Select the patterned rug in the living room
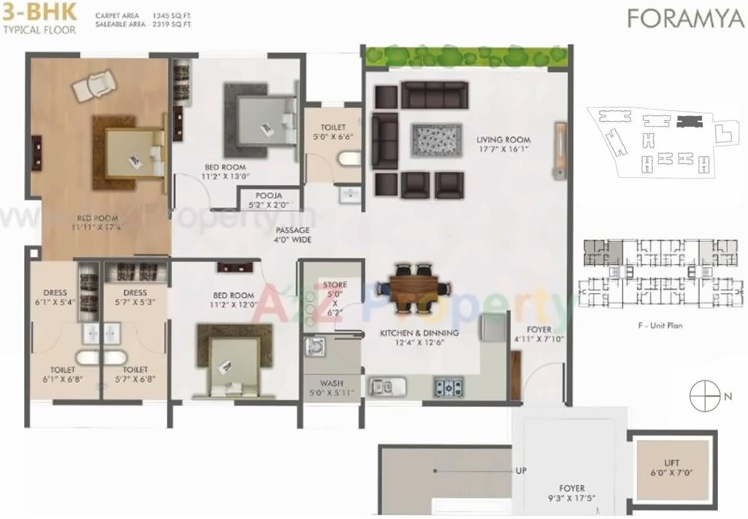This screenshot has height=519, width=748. click(x=432, y=139)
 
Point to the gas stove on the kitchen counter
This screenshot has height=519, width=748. click(x=449, y=387)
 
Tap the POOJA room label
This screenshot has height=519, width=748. click(x=269, y=200)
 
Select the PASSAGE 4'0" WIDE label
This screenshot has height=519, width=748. click(x=293, y=235)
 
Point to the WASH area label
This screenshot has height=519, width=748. click(x=332, y=388)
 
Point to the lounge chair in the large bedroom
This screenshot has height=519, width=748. click(x=95, y=85)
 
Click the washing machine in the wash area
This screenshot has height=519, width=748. click(x=315, y=346)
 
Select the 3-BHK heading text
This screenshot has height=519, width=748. click(x=39, y=11)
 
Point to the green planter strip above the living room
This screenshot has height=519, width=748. click(x=466, y=56)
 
